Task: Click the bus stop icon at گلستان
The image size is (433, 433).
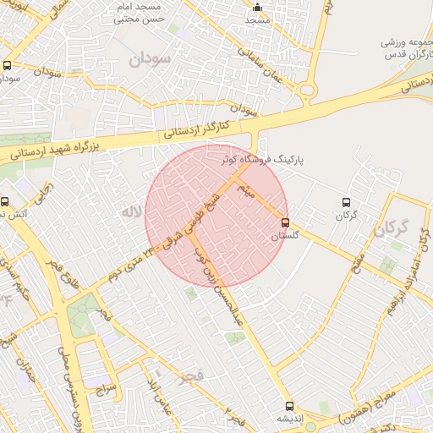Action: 285,222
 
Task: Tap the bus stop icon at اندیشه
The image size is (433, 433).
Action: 290,406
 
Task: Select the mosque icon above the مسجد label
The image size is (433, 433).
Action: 258,8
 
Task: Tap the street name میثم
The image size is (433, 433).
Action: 246,186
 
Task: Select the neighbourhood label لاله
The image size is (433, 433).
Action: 129,213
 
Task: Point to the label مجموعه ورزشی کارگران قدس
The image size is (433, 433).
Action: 405,47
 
